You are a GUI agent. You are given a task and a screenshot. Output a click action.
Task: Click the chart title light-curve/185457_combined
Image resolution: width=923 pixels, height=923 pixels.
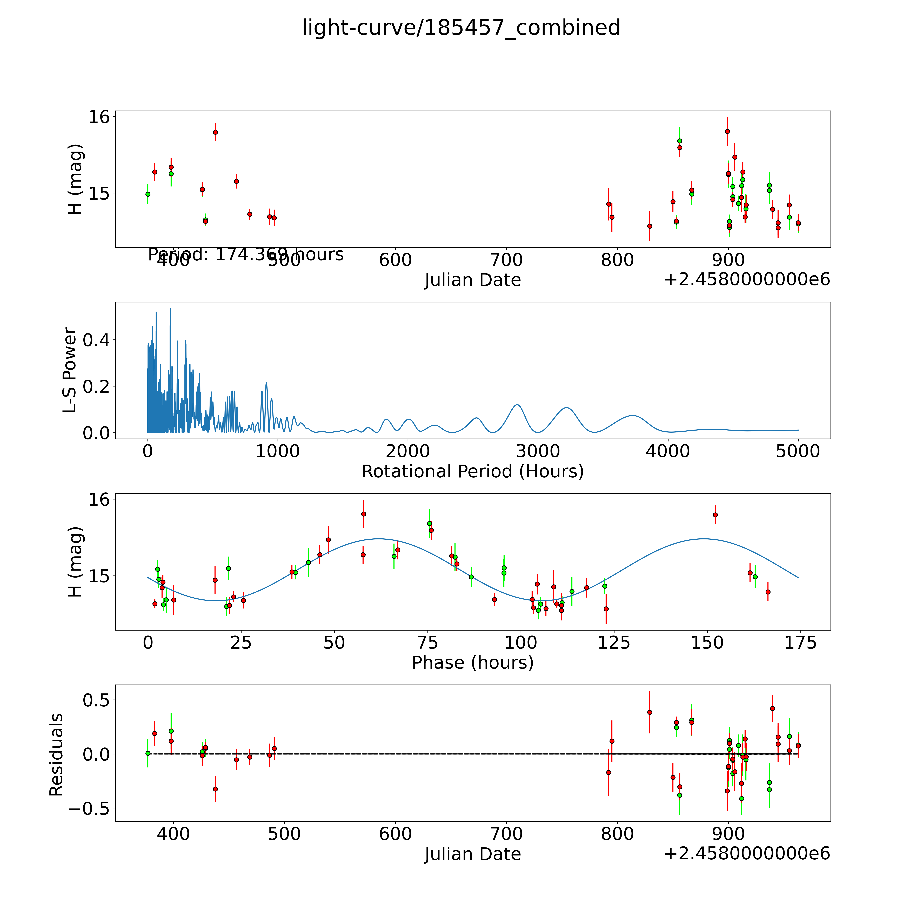(x=461, y=28)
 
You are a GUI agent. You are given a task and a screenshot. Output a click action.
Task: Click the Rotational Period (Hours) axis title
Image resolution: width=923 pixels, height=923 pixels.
(x=472, y=472)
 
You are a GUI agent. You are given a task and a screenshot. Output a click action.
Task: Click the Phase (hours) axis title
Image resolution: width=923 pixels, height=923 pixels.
(x=472, y=663)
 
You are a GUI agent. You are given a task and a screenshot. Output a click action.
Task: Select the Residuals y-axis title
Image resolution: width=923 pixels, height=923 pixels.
(x=56, y=755)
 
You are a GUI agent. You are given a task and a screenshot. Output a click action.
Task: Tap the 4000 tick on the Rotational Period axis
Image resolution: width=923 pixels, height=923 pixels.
(x=668, y=451)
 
